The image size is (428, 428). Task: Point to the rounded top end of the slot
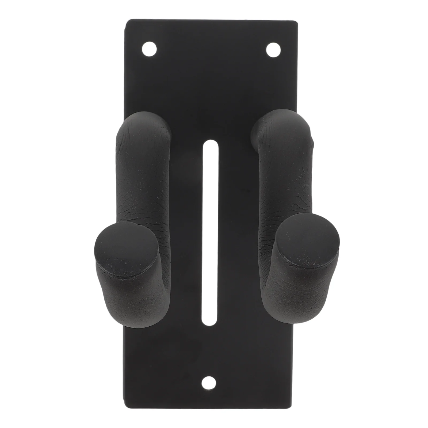click(x=211, y=146)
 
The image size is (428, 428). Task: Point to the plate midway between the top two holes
click(x=212, y=49)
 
